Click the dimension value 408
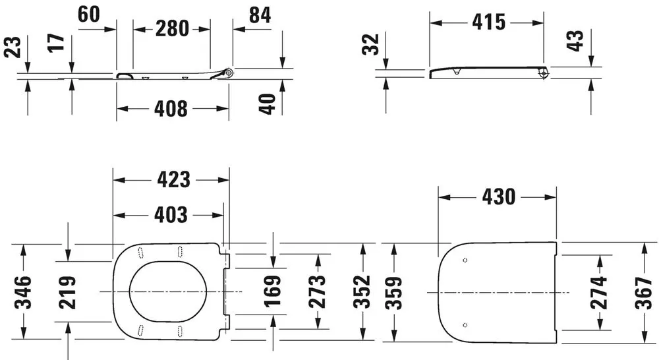pyautogui.click(x=172, y=107)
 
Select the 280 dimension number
pyautogui.click(x=172, y=28)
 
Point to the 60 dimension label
pyautogui.click(x=93, y=14)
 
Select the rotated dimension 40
pyautogui.click(x=266, y=103)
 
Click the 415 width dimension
pyautogui.click(x=488, y=22)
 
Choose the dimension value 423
pyautogui.click(x=172, y=179)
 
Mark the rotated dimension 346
pyautogui.click(x=25, y=291)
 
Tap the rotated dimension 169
pyautogui.click(x=273, y=287)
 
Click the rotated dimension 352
pyautogui.click(x=362, y=291)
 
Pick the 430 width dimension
pyautogui.click(x=498, y=196)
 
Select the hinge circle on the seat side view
pyautogui.click(x=229, y=72)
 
